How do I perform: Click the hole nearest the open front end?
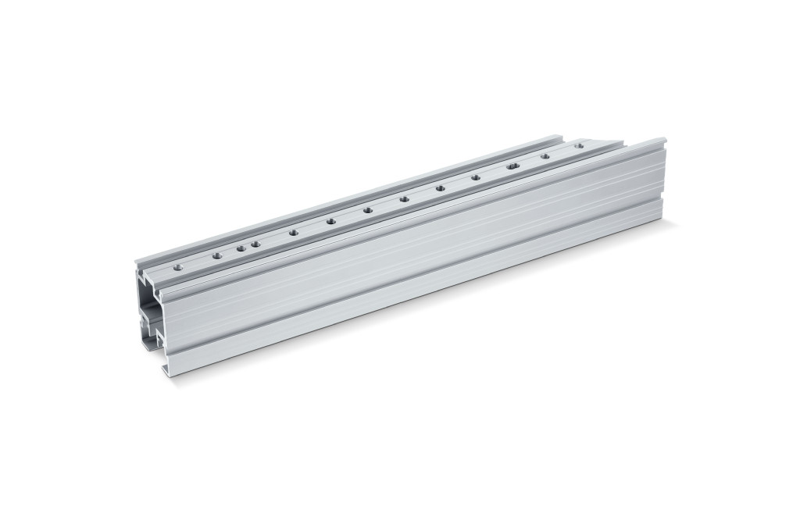[x=179, y=266]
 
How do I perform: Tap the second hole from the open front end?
[x=216, y=255]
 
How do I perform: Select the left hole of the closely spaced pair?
[x=241, y=248]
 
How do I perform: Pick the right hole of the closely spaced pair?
[x=255, y=244]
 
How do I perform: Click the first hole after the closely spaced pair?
[x=293, y=232]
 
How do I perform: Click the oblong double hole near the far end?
[x=512, y=166]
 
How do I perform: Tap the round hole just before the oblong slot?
[x=476, y=178]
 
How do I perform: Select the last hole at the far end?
[x=579, y=145]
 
